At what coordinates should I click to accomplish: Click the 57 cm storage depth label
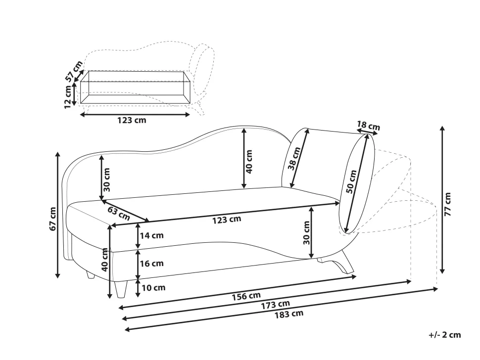coord(74,71)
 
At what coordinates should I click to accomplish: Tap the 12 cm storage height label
coord(68,96)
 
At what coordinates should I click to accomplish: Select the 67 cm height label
coord(52,219)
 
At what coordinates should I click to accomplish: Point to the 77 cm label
coord(447,204)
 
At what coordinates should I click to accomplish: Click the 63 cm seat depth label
coord(119,213)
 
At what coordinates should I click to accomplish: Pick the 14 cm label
coord(151,235)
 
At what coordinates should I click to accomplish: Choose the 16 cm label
coord(151,264)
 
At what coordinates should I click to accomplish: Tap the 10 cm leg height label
coord(153,287)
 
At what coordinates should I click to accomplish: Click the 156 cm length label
coord(246,296)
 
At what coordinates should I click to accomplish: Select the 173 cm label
coord(275,305)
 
